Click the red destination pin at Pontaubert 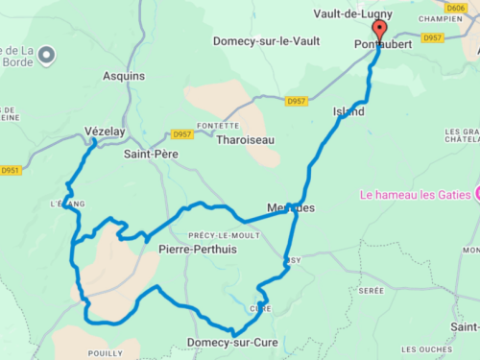point(378,31)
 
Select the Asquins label point(124,76)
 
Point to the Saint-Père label point(151,153)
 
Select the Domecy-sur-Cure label point(230,343)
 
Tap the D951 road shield point(11,171)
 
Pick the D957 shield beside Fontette point(180,134)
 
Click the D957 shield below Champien point(432,38)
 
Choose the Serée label point(370,289)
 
